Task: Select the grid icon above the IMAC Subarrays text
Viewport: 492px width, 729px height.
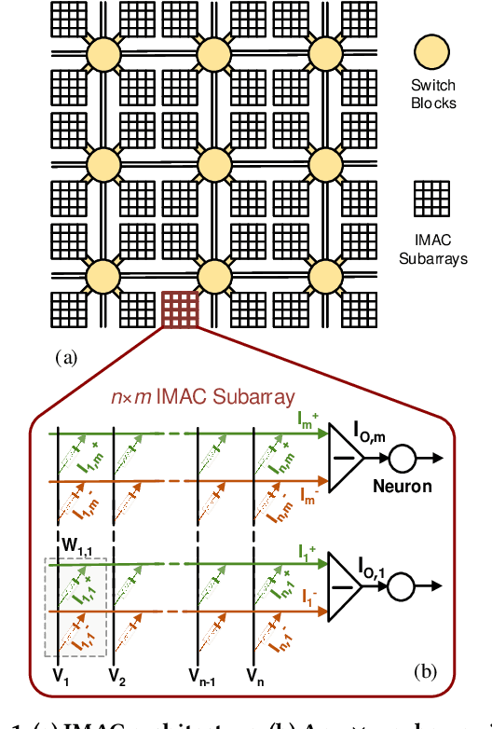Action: click(x=431, y=197)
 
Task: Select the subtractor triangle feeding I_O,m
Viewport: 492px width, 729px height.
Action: click(x=347, y=458)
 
